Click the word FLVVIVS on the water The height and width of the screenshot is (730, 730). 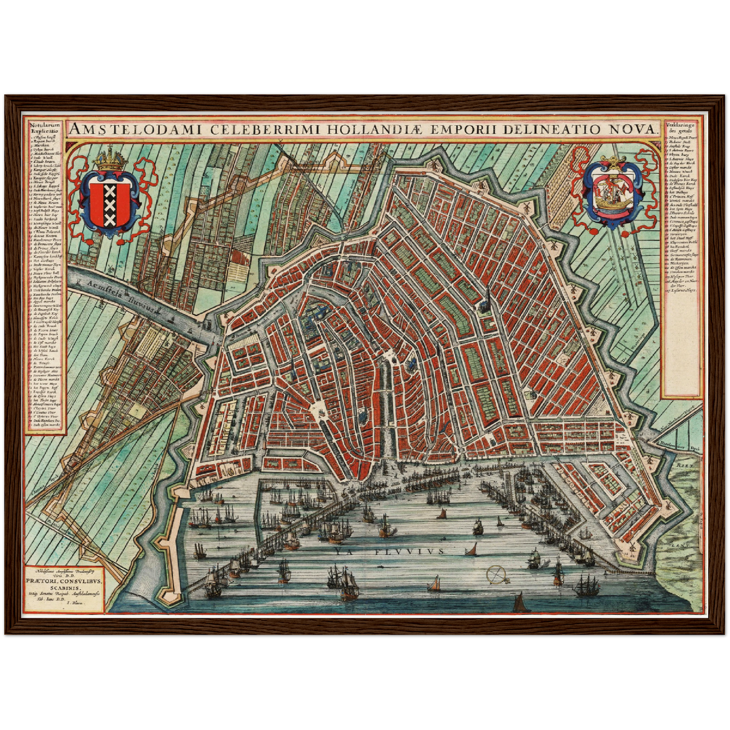[410, 551]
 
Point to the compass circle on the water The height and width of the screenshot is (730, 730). [497, 574]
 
